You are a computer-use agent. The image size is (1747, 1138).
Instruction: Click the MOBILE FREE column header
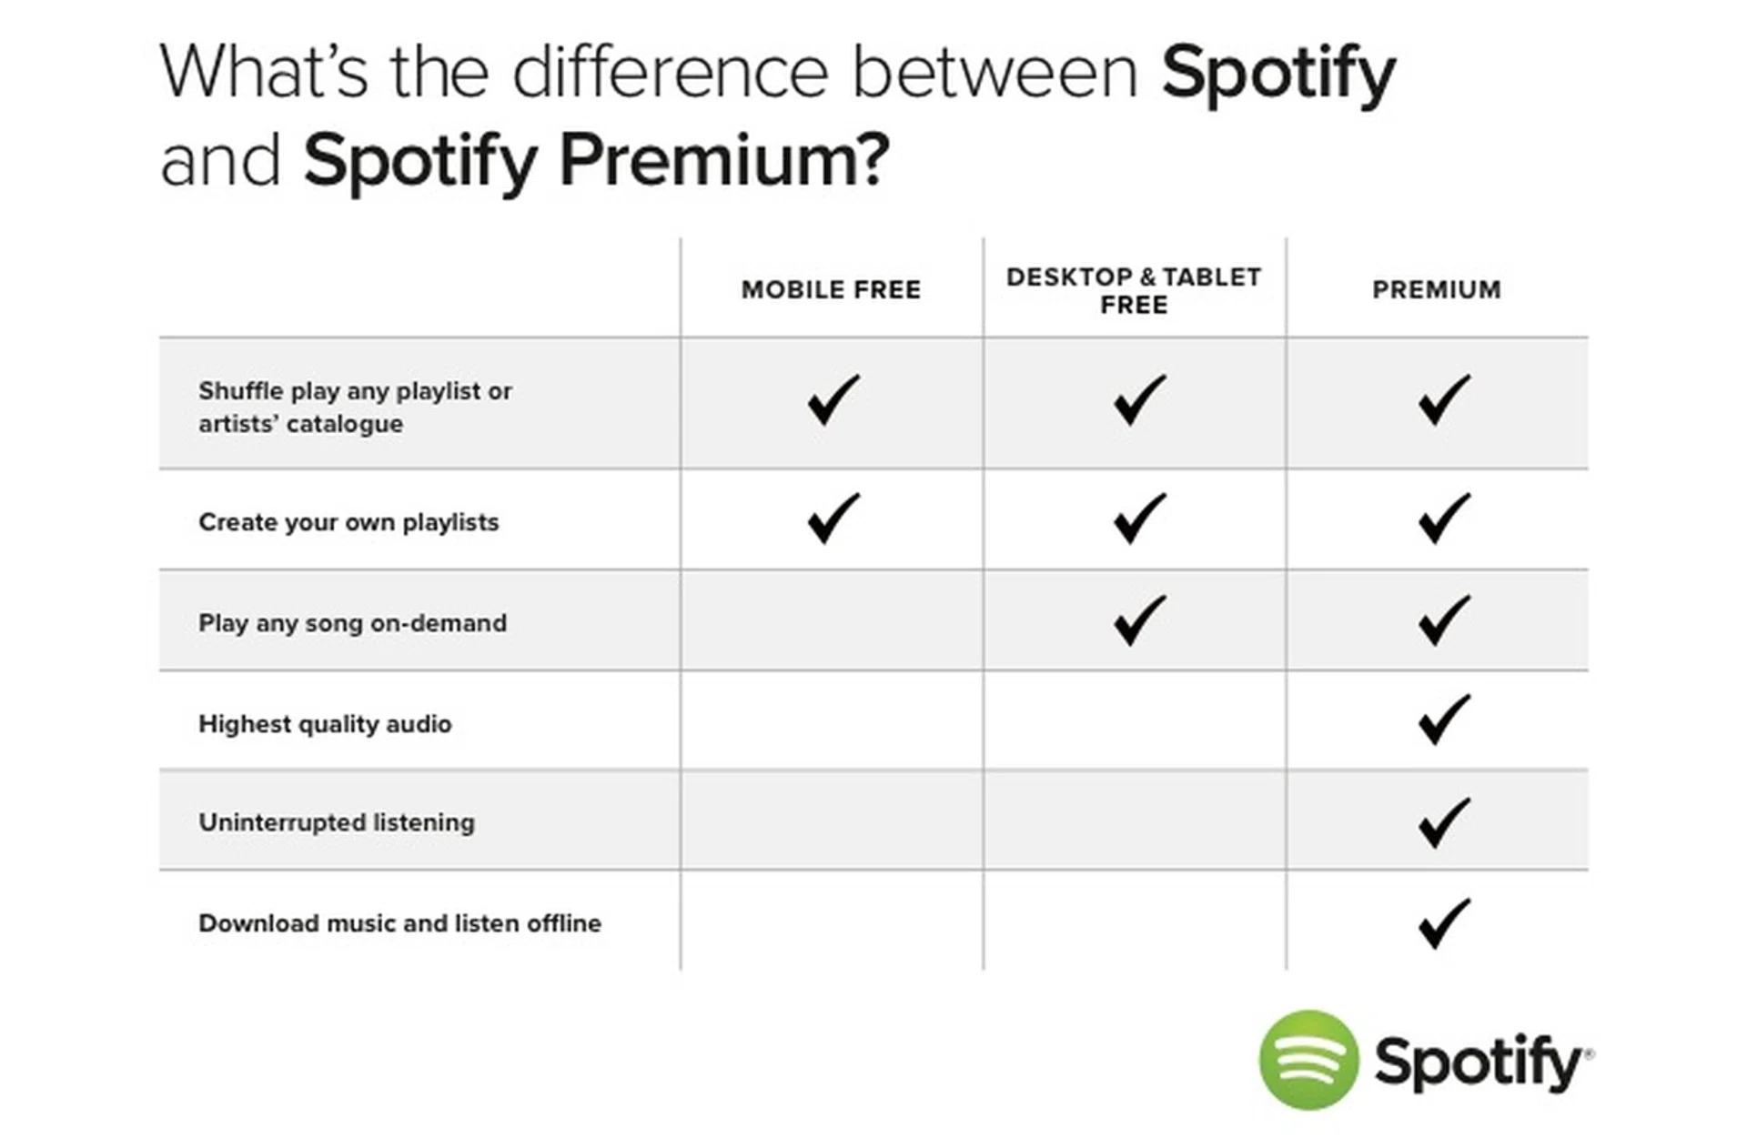click(831, 289)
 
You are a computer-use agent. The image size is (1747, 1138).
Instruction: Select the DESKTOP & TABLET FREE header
click(1134, 290)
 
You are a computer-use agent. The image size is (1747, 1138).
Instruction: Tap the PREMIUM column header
click(1437, 289)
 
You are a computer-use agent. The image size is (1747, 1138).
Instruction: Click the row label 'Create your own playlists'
click(348, 522)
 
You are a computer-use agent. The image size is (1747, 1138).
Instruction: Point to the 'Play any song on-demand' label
click(352, 623)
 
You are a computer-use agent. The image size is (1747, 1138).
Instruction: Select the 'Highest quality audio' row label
click(325, 724)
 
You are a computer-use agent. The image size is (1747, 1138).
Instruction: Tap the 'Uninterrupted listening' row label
click(337, 822)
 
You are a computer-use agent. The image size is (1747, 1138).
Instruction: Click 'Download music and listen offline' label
click(399, 923)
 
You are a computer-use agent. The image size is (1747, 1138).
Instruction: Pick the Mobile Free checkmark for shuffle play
click(833, 399)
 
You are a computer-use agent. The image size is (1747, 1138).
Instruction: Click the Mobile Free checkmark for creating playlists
click(833, 519)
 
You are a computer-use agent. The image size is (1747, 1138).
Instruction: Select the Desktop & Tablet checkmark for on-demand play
click(1139, 620)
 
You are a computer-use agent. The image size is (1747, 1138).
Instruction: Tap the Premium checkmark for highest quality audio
click(1444, 720)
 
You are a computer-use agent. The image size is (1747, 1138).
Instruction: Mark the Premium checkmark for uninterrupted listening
click(1444, 822)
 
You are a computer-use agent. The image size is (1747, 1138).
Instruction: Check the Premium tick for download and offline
click(1444, 923)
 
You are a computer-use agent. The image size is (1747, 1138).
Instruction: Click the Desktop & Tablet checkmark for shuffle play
click(1139, 399)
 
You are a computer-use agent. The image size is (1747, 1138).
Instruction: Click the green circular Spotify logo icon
click(1308, 1060)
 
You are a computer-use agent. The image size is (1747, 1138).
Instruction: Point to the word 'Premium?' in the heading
click(724, 160)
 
